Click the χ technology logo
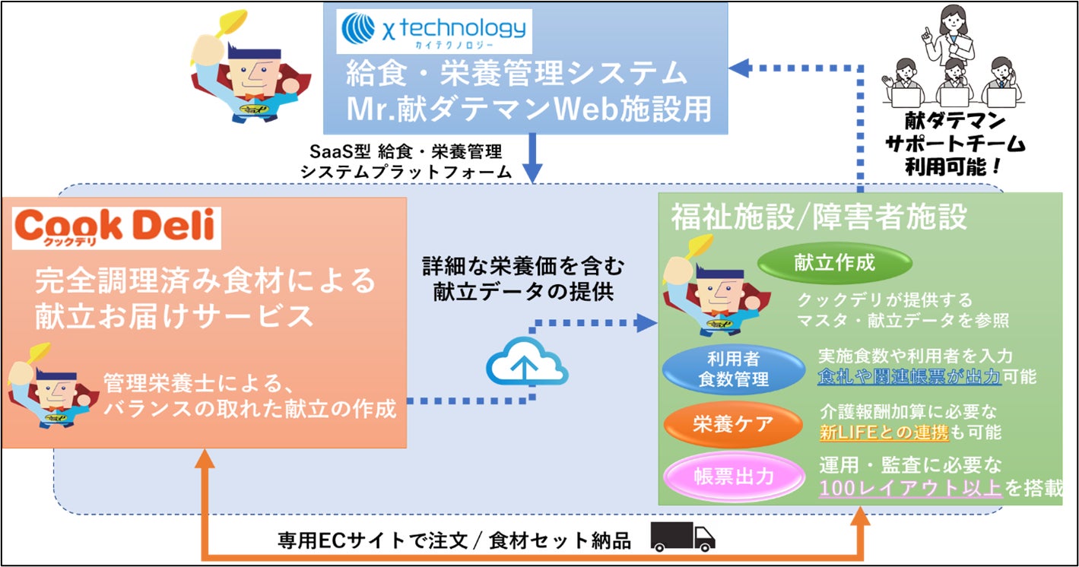coord(434,30)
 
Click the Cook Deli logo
coord(116,227)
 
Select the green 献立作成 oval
coord(834,264)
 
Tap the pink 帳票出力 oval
coord(734,477)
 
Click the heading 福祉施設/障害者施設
coord(818,217)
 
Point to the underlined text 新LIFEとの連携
coord(883,433)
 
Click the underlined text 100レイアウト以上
coord(910,487)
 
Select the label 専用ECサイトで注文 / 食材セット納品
coord(454,540)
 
